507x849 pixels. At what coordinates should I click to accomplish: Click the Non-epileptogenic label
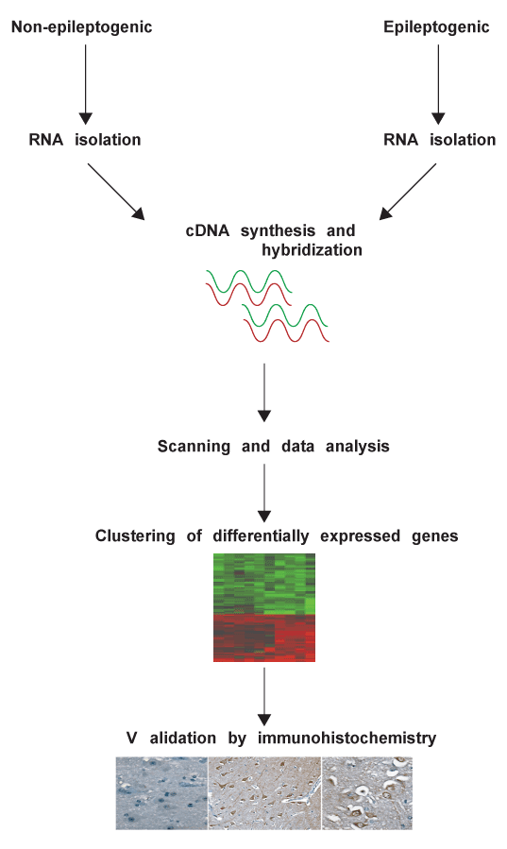click(x=82, y=27)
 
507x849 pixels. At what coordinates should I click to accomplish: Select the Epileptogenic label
click(x=436, y=27)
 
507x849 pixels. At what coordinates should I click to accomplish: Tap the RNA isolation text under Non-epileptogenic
click(x=85, y=140)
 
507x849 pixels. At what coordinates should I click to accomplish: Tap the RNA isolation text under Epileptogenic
click(x=439, y=140)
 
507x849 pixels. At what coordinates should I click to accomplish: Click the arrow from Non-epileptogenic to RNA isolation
click(x=86, y=84)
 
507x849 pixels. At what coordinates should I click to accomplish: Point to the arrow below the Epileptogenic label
click(x=438, y=84)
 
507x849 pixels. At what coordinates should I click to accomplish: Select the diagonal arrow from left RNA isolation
click(x=116, y=192)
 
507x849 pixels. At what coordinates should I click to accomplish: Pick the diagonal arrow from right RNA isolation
click(x=408, y=192)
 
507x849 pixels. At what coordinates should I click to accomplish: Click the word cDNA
click(x=207, y=230)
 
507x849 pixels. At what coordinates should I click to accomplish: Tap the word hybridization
click(x=313, y=250)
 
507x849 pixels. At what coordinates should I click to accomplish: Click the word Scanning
click(x=194, y=446)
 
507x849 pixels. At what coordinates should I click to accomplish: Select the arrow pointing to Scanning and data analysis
click(x=264, y=393)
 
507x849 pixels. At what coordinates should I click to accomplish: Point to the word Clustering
click(x=135, y=536)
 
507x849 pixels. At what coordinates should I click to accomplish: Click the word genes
click(x=435, y=536)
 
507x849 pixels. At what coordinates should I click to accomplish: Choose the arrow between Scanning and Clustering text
click(x=264, y=493)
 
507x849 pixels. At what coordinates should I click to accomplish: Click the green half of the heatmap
click(x=264, y=584)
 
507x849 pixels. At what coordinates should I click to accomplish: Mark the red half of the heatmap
click(x=264, y=637)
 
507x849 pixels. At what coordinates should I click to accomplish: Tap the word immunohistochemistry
click(x=346, y=738)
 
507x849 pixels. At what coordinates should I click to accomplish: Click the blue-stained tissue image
click(x=161, y=793)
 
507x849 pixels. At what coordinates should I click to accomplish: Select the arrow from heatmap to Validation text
click(x=264, y=696)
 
